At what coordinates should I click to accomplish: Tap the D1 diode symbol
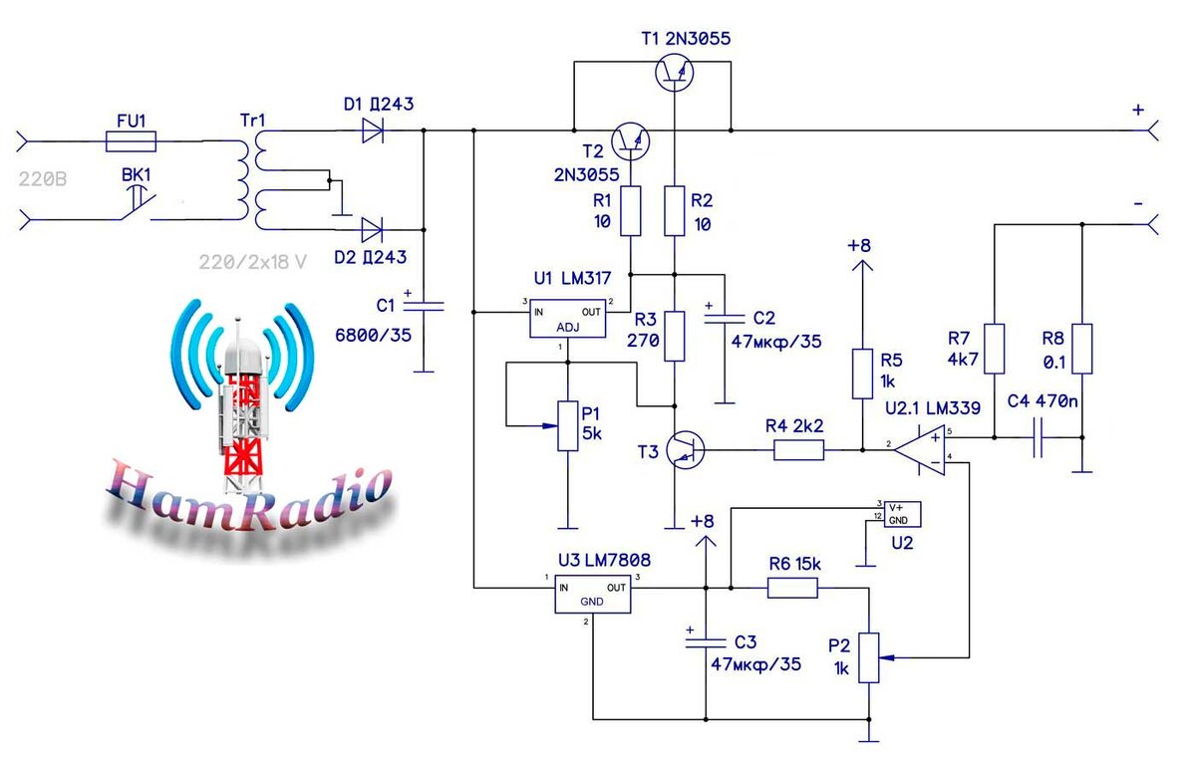[373, 129]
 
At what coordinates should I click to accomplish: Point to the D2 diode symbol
[373, 230]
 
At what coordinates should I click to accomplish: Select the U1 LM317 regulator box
[565, 318]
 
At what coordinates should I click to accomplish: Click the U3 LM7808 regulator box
[594, 595]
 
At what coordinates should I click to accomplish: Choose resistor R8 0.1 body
[1081, 349]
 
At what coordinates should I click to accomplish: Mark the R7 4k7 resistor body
[994, 349]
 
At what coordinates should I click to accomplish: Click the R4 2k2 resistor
[798, 451]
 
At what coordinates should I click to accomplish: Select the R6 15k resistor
[792, 589]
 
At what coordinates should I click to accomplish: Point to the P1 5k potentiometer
[566, 425]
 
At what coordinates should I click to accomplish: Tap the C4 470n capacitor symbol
[1038, 437]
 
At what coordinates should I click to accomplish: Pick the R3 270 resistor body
[676, 336]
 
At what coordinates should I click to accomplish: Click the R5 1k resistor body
[861, 374]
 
